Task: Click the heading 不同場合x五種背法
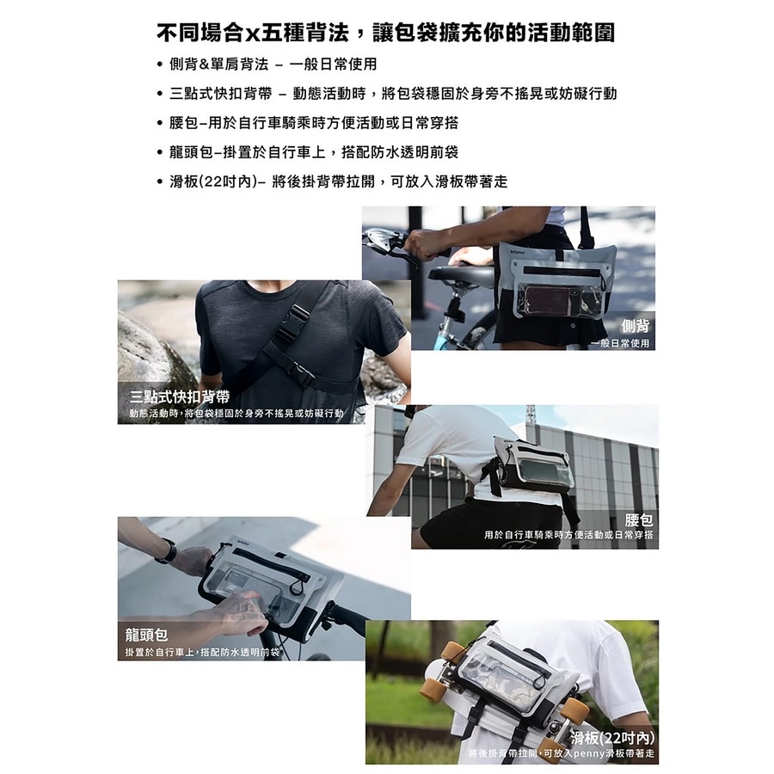(385, 34)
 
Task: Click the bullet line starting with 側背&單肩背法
(273, 64)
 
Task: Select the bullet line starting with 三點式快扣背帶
(392, 94)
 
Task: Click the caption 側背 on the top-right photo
(635, 326)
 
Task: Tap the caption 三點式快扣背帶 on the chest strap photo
(180, 396)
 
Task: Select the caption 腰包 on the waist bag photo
(639, 519)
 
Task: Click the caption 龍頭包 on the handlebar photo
(146, 636)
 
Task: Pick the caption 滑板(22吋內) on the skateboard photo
(612, 737)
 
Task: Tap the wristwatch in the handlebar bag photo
(166, 551)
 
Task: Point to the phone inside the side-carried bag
(551, 300)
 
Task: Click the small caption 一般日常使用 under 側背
(619, 343)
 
